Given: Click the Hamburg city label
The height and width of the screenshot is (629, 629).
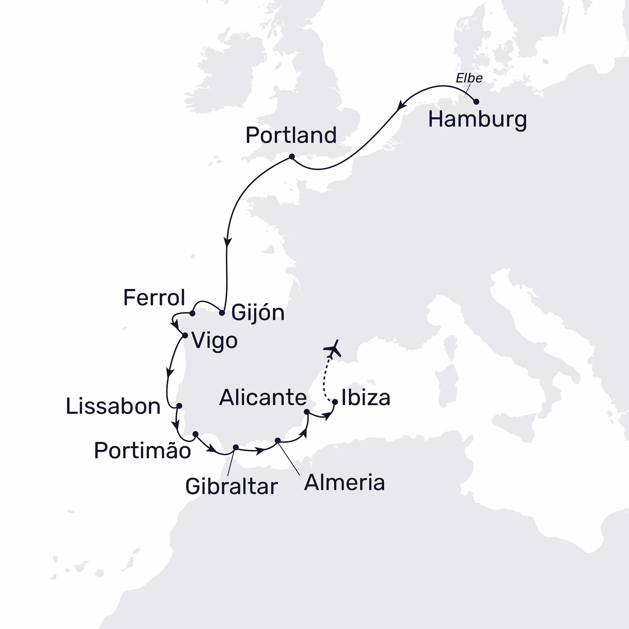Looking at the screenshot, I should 477,120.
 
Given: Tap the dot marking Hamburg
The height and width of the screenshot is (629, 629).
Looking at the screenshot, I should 476,101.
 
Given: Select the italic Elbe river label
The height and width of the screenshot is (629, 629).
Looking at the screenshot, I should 469,78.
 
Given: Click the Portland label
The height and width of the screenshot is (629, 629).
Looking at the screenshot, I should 291,135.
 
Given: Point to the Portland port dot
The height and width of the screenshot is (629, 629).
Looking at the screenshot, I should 292,157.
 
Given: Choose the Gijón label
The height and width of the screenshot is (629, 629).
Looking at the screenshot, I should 258,313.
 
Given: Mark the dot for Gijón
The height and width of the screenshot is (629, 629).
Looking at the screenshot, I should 222,313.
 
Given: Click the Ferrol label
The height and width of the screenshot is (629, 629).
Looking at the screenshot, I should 154,298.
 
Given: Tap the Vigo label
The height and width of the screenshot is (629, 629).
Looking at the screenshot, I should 215,341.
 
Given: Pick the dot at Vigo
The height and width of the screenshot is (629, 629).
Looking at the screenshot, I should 185,335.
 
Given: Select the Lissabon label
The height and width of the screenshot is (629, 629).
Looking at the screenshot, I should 113,407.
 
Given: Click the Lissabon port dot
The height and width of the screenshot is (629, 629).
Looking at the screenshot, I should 179,406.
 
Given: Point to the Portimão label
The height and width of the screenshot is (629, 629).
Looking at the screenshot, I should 142,450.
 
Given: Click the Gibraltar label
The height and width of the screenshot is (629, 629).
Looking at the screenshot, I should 231,487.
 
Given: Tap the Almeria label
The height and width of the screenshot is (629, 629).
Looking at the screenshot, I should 344,483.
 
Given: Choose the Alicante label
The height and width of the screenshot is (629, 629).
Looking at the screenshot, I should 263,397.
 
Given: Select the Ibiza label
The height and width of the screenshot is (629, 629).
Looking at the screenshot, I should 365,398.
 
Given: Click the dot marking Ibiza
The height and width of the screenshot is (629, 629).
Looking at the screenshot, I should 335,402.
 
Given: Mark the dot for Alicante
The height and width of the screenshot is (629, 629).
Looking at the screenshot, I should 307,412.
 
